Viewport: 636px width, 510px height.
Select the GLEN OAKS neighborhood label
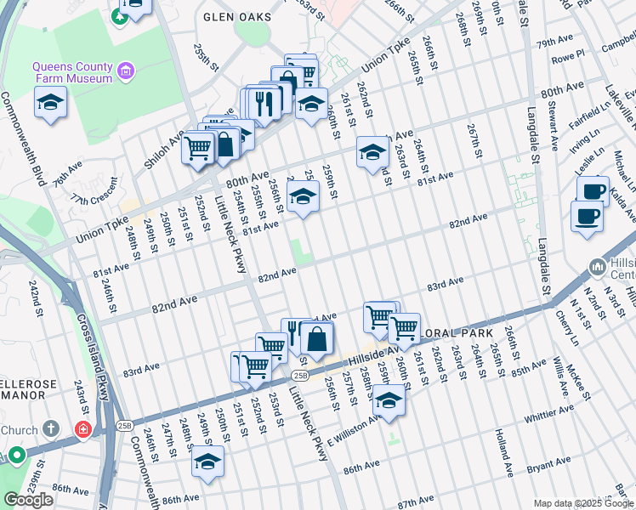237,17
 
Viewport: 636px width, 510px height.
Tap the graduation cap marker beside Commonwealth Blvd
51,104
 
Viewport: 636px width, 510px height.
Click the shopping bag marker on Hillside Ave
315,338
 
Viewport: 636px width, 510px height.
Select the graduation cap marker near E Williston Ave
389,400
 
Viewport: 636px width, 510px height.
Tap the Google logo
28,500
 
